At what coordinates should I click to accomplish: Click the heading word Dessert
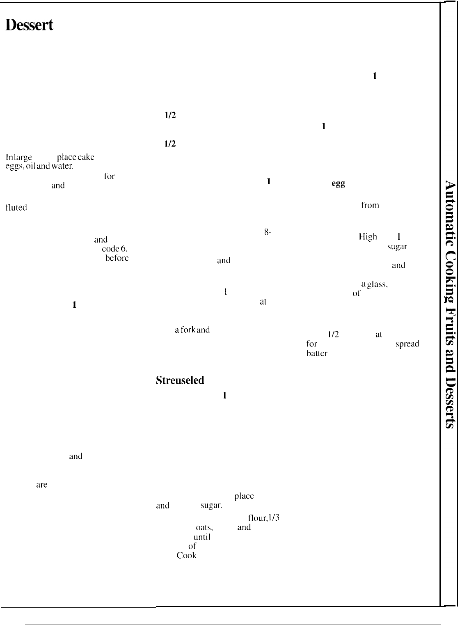click(29, 25)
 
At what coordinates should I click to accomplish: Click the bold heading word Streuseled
click(180, 380)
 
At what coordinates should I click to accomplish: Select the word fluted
click(16, 208)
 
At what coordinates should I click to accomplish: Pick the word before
click(117, 258)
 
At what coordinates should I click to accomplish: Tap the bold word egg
click(338, 184)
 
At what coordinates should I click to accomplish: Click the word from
click(370, 205)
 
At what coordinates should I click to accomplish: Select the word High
click(368, 236)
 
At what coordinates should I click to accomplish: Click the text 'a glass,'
click(374, 284)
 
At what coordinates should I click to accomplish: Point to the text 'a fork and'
click(192, 330)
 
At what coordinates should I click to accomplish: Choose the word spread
click(407, 344)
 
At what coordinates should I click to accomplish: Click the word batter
click(317, 353)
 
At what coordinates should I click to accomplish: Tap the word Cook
click(186, 555)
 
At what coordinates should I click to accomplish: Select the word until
click(202, 537)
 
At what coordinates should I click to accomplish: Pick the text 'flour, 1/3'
click(263, 518)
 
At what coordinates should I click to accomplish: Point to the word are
click(42, 485)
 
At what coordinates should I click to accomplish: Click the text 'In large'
click(19, 157)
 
